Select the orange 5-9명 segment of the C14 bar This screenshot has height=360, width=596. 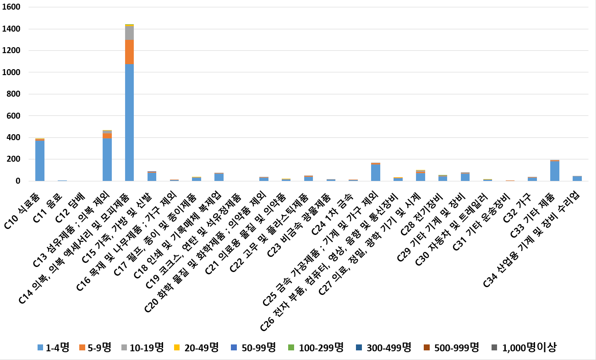130,52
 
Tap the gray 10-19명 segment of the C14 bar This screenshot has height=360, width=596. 130,33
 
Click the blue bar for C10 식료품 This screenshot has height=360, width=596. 40,161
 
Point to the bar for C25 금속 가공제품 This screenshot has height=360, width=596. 376,173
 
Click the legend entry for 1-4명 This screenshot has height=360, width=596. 53,348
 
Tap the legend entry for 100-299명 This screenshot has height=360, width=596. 316,348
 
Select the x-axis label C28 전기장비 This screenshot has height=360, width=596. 419,211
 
